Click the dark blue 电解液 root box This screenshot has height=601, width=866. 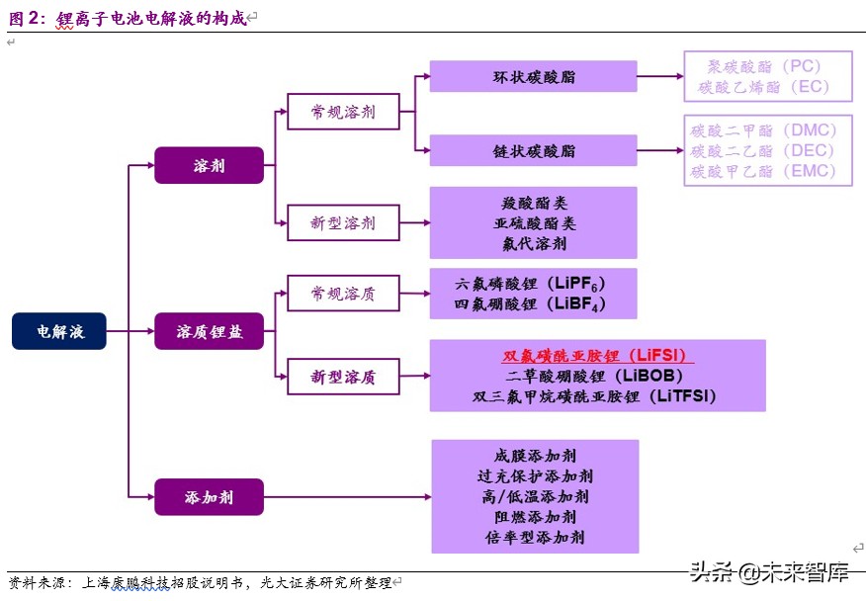click(59, 331)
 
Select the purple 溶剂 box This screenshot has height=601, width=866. click(209, 165)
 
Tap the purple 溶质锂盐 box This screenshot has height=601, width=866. click(209, 331)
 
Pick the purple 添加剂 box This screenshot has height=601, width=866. click(209, 496)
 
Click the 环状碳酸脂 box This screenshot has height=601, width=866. click(534, 76)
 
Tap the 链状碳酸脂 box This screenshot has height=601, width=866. click(534, 150)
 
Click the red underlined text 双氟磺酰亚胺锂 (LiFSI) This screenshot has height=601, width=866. click(597, 356)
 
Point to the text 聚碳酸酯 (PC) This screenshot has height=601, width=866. click(763, 66)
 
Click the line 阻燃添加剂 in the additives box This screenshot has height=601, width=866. click(535, 516)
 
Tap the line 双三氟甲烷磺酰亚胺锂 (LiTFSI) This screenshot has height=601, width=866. click(593, 396)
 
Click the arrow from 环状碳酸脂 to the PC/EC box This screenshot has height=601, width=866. click(660, 76)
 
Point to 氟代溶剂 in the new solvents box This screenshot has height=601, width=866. click(534, 243)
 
